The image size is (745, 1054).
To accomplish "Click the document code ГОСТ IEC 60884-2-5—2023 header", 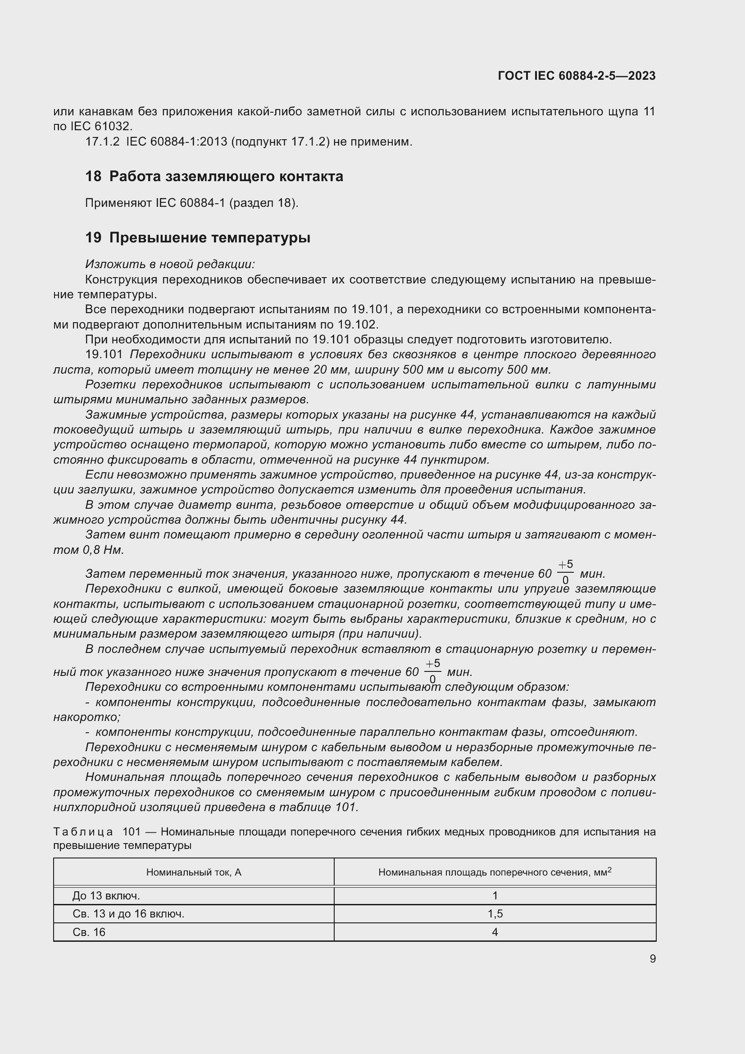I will coord(576,76).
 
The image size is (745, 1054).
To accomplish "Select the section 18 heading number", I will coord(93,176).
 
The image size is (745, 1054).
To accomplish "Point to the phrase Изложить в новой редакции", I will coord(170,265).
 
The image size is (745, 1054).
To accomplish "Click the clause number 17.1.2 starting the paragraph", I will coord(102,142).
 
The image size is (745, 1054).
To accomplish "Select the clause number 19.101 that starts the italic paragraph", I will coord(104,354).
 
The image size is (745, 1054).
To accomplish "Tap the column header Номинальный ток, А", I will coord(194,872).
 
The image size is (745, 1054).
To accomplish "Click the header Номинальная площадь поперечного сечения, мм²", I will coord(495,872).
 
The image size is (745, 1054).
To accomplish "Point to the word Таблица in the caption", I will coord(83,832).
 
